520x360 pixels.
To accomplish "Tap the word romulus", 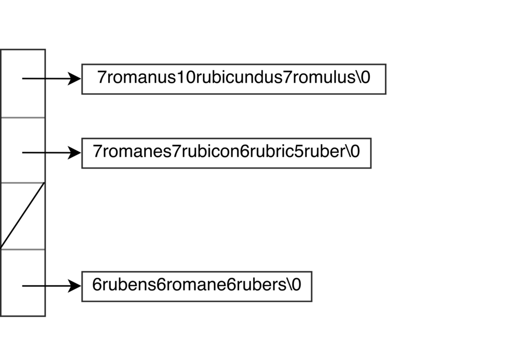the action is [x=323, y=78].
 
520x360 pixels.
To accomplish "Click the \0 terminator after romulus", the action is [x=363, y=78].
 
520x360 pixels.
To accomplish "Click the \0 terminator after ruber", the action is [x=353, y=151].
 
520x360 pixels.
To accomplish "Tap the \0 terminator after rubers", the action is [x=294, y=285].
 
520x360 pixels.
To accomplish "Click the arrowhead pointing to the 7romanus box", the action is [x=74, y=79].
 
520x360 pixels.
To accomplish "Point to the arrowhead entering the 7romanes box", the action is [x=74, y=152].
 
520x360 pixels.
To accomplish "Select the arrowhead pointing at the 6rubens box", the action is [x=74, y=286].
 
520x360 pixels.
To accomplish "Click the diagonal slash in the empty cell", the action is [x=22, y=216].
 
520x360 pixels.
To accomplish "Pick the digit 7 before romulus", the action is [x=287, y=78].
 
